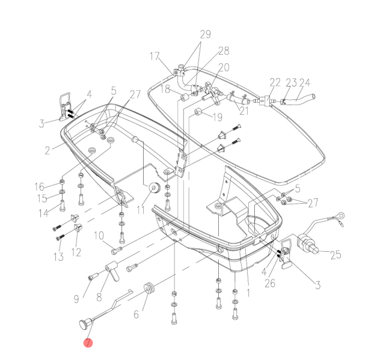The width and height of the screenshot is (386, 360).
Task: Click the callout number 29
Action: (x=205, y=35)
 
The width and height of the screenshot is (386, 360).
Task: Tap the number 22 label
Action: (x=275, y=82)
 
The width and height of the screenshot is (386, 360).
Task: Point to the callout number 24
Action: (x=305, y=82)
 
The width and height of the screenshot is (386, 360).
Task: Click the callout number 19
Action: (x=217, y=117)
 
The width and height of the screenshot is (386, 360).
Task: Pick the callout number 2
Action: (x=47, y=150)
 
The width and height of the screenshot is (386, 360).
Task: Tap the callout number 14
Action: (x=42, y=213)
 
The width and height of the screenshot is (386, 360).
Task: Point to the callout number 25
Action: (x=335, y=255)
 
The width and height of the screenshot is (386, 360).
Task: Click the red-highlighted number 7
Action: (x=88, y=343)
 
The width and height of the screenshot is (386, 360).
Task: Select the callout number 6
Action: (x=135, y=314)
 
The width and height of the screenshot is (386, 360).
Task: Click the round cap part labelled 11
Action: (x=153, y=190)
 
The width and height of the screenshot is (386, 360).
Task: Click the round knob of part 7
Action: (x=82, y=325)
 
